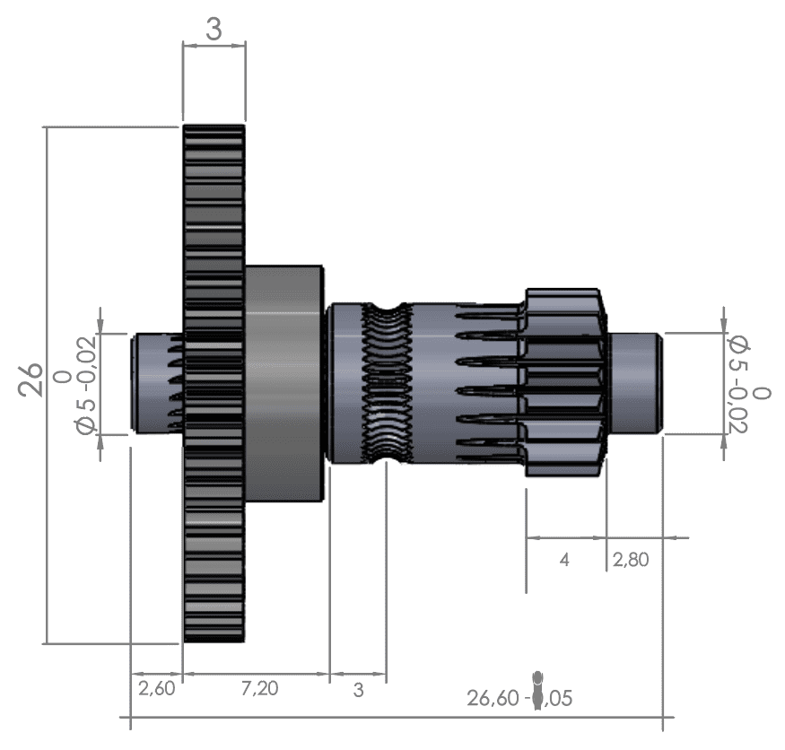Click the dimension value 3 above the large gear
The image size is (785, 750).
point(214,29)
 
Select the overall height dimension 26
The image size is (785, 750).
point(32,379)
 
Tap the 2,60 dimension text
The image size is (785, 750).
point(156,688)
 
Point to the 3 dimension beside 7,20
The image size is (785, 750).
point(358,690)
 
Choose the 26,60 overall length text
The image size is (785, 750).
point(492,697)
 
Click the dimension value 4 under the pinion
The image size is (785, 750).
point(564,560)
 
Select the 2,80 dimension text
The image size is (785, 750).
point(631,560)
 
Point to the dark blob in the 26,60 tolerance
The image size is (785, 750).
point(537,690)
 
